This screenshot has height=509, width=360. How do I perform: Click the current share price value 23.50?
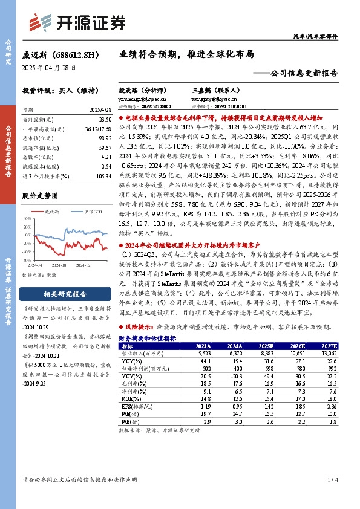pos(104,121)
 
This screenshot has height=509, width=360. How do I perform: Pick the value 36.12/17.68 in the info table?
pos(97,130)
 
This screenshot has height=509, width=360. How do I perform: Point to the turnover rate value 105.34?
pos(102,175)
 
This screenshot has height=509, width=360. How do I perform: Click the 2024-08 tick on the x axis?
pos(59,265)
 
